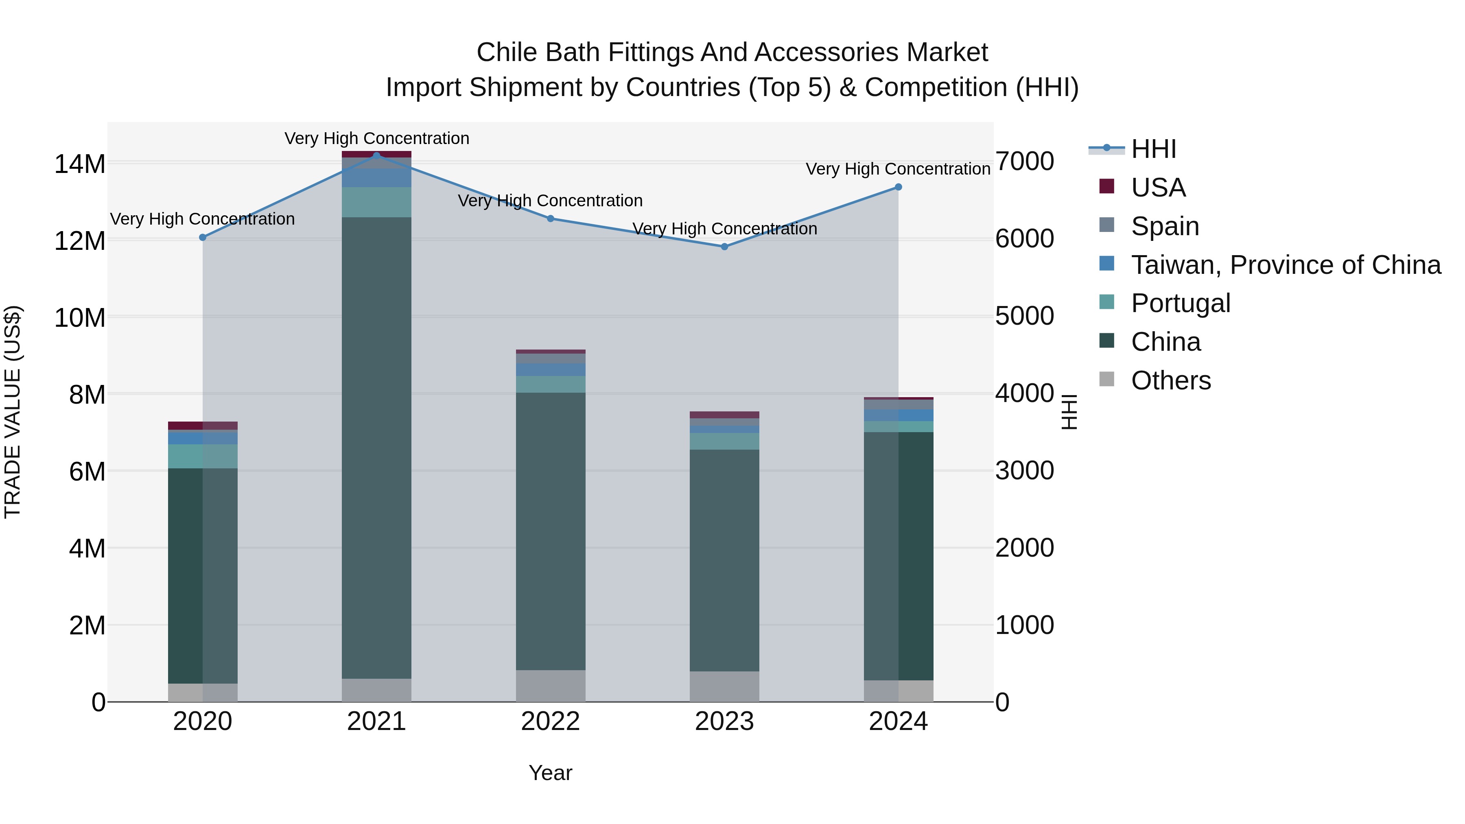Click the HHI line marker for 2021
376,155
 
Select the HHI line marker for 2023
724,247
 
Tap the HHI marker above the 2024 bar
899,187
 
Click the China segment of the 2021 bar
376,448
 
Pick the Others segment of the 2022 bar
551,686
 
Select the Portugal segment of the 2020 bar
203,456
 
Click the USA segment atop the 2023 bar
724,415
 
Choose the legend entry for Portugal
1180,303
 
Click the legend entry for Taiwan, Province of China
1285,264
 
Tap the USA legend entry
1158,188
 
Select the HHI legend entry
1153,149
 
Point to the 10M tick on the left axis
80,317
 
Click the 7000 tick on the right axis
1024,162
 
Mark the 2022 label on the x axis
551,721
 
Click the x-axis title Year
551,773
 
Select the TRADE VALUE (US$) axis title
13,412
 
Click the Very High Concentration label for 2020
203,219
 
